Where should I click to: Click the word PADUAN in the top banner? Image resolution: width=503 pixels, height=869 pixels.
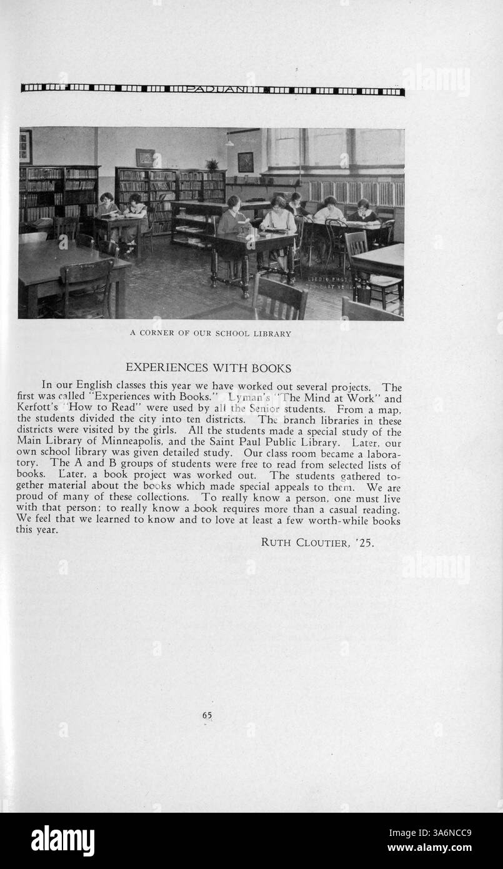[x=212, y=90]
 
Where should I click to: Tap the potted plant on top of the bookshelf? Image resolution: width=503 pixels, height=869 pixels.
[x=212, y=164]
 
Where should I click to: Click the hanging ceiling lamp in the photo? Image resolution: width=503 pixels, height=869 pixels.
[x=230, y=143]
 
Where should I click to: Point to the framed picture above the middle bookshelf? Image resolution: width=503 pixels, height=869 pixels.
[x=145, y=157]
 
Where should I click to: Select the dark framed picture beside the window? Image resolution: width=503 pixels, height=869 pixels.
[x=246, y=162]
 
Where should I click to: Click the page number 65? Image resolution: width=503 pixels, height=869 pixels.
[x=207, y=716]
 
